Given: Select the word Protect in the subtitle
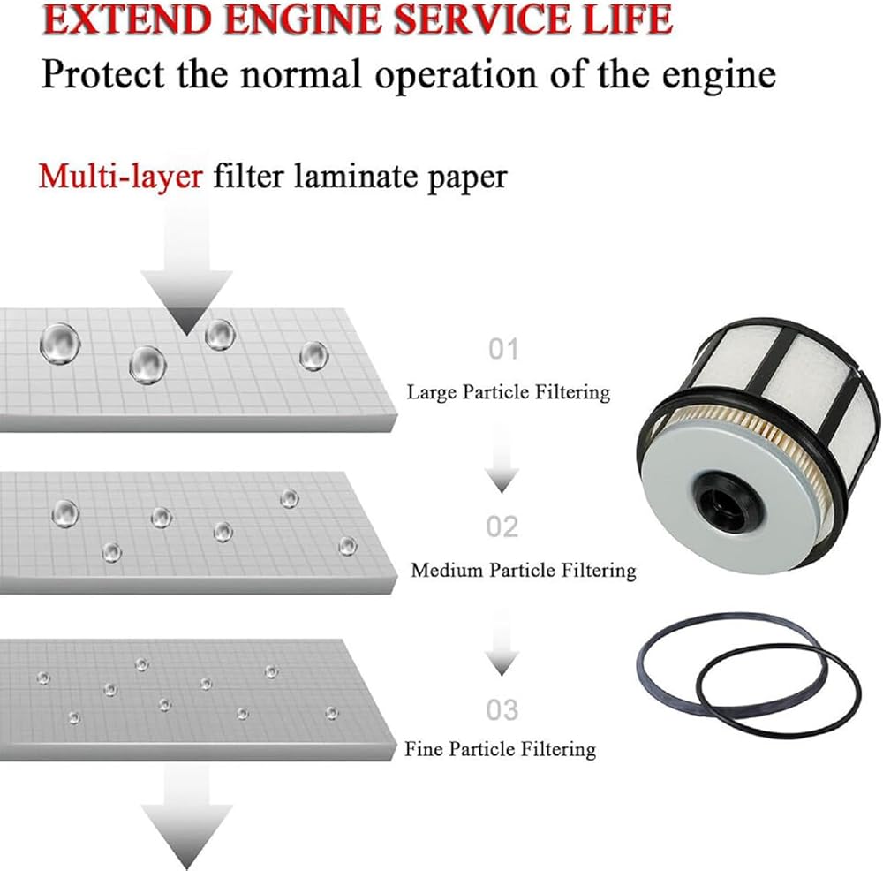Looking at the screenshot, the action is point(103,74).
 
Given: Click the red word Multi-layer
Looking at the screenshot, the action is point(120,177).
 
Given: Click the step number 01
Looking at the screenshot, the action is point(503,349).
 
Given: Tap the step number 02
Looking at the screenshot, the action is point(502,526).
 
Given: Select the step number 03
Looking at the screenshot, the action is point(502,710).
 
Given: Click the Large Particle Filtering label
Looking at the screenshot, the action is point(509,392).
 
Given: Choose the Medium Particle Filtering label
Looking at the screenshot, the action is point(523,570).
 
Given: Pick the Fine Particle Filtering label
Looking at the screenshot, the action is point(500,749).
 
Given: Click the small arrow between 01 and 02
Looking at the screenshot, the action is point(502,459).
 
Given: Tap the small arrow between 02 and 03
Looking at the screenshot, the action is point(502,641).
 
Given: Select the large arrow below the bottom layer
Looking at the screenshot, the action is point(186,817).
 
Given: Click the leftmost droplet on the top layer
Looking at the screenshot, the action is point(59,343).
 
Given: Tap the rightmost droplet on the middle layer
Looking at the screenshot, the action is point(347,546).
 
